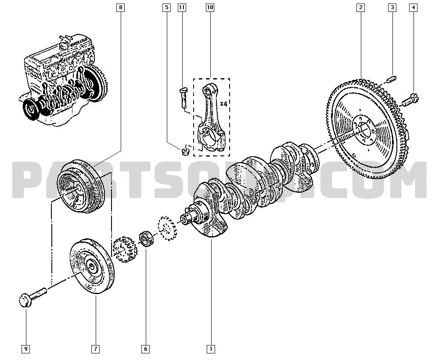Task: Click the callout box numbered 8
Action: [x=121, y=7]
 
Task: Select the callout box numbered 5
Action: [x=166, y=7]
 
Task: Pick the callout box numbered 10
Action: [x=209, y=7]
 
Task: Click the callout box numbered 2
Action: [x=360, y=7]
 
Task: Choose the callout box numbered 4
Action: [x=413, y=7]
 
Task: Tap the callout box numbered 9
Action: [x=26, y=349]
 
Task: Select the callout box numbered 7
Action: [x=95, y=349]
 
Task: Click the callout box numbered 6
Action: [x=145, y=349]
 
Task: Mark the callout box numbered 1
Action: [x=211, y=349]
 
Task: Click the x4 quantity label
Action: [x=223, y=104]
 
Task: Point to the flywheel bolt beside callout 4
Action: [x=411, y=99]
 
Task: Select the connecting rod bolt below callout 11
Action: [x=184, y=97]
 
